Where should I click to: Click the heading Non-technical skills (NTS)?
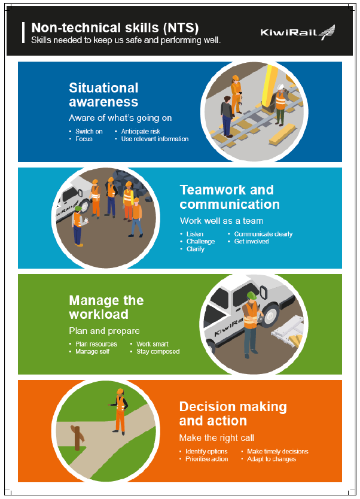click(x=114, y=28)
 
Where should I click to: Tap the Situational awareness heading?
click(x=103, y=95)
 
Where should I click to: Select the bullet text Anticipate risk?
click(x=141, y=132)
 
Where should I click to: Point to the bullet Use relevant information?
click(x=155, y=139)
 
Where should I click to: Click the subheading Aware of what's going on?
click(x=112, y=118)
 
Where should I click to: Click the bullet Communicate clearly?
click(x=263, y=234)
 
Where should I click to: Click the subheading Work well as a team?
click(x=221, y=221)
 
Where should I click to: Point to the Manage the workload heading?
click(x=106, y=307)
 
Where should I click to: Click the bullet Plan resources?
click(x=96, y=344)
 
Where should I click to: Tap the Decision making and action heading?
click(x=233, y=413)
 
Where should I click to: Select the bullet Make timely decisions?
click(x=277, y=451)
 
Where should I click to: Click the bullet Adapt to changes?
click(x=271, y=459)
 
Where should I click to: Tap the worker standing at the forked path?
click(x=120, y=410)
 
